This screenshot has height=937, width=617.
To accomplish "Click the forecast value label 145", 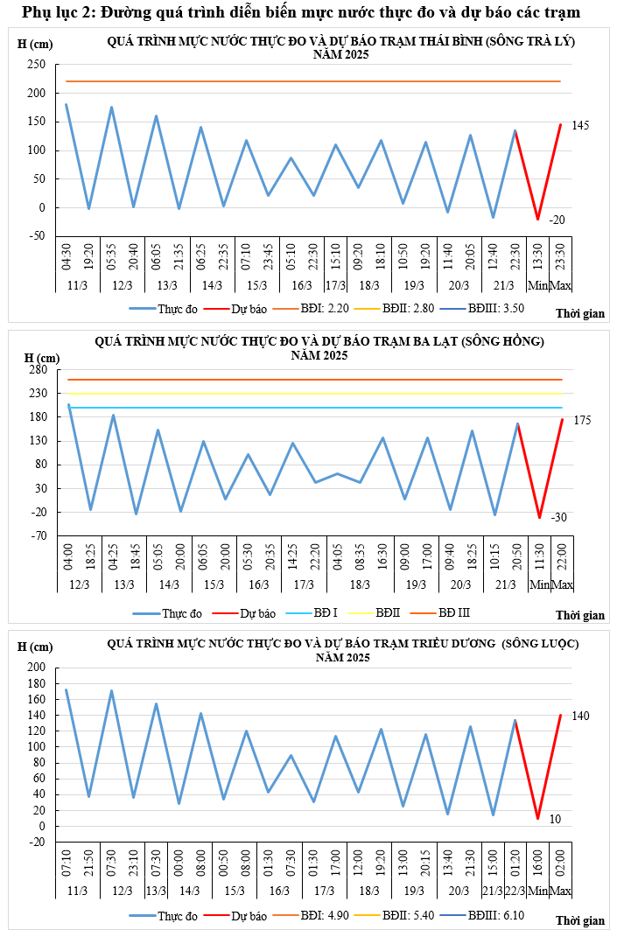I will click(580, 126).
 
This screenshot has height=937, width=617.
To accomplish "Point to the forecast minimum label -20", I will click(557, 220).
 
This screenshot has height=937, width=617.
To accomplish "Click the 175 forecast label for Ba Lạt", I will click(582, 421).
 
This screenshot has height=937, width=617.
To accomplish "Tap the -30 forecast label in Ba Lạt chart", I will click(559, 518).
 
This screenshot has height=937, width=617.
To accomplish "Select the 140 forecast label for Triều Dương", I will click(580, 717).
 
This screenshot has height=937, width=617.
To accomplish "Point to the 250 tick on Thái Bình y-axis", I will click(36, 65).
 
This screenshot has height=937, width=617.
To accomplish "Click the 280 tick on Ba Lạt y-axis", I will click(38, 370).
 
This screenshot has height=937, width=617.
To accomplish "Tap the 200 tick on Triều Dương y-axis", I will click(37, 668).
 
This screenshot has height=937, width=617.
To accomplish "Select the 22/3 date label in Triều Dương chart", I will click(515, 891).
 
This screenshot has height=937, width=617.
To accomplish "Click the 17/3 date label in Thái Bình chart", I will click(336, 286).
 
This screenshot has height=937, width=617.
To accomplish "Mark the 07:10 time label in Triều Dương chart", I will click(67, 859).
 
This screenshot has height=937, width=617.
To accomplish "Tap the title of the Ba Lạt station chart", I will click(319, 341).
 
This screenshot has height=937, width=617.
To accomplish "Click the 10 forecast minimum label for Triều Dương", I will click(556, 820).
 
